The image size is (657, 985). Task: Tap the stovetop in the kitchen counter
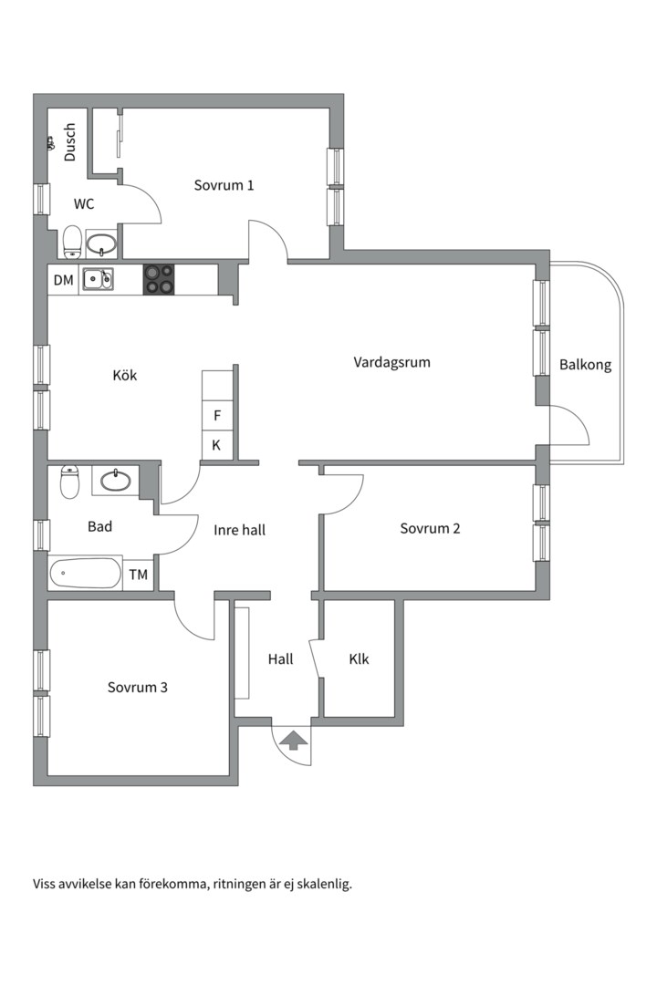(159, 280)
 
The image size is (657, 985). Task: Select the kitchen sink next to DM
(98, 280)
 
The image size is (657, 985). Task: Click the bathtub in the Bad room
(86, 573)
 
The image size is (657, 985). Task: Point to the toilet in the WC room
(72, 242)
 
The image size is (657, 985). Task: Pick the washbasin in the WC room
(100, 244)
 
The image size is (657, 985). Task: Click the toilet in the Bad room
(69, 482)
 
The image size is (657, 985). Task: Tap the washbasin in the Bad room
(116, 481)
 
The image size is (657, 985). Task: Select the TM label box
(139, 575)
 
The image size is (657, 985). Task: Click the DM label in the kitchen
(63, 280)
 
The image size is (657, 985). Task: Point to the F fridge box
(217, 415)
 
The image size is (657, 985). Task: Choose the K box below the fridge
(217, 445)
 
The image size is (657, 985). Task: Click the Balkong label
(585, 365)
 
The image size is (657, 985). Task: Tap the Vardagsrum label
(391, 362)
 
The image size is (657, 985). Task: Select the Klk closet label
(359, 659)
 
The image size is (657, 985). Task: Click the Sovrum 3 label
(138, 688)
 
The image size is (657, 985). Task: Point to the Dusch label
(69, 142)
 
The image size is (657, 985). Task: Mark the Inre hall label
(240, 530)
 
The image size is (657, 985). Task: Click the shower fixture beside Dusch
(50, 143)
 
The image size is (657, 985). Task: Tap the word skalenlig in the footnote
(326, 885)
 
